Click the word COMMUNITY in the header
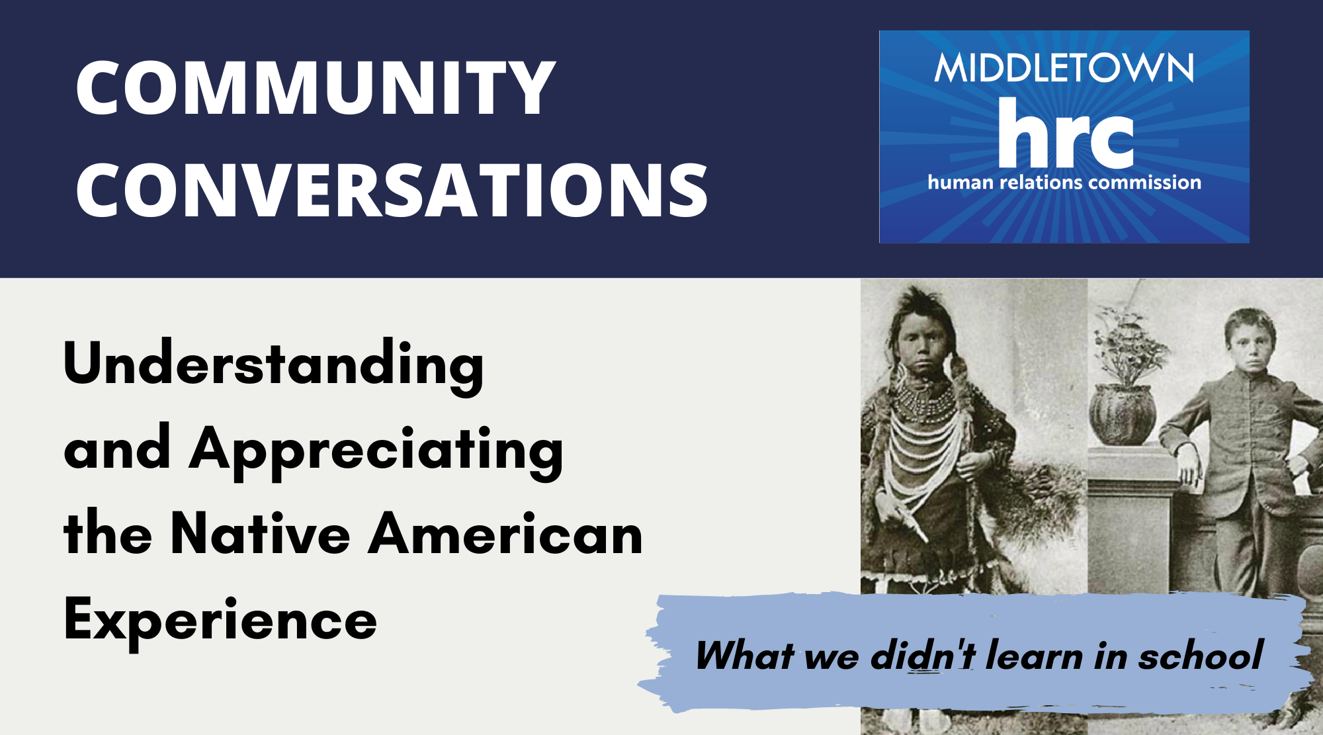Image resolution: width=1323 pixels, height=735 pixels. (x=316, y=87)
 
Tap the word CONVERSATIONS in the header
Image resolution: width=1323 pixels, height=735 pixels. (x=392, y=191)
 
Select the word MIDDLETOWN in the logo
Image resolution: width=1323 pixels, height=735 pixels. (x=1064, y=68)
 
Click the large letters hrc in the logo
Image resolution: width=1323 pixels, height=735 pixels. (x=1066, y=133)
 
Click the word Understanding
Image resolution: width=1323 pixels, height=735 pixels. (x=273, y=366)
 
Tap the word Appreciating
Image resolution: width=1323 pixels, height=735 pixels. (x=376, y=452)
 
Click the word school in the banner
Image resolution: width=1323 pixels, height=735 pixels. (x=1200, y=656)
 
